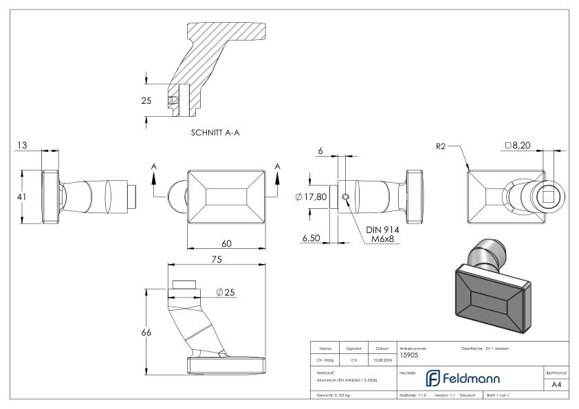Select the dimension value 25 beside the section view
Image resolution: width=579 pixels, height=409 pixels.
[146, 100]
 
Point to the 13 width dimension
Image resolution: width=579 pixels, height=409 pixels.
[23, 146]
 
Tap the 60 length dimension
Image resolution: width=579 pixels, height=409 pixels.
[226, 243]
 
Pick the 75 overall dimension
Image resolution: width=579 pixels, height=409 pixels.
[217, 260]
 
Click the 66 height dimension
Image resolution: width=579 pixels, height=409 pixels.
[146, 332]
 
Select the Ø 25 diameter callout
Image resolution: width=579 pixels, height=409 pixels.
[225, 293]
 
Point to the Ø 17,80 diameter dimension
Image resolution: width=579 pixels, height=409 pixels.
[310, 197]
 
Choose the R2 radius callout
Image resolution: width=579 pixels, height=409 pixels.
[441, 146]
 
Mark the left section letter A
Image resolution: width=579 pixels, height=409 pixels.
[154, 166]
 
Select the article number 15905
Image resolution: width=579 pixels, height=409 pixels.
[409, 355]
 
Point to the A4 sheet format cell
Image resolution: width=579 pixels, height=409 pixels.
[556, 386]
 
